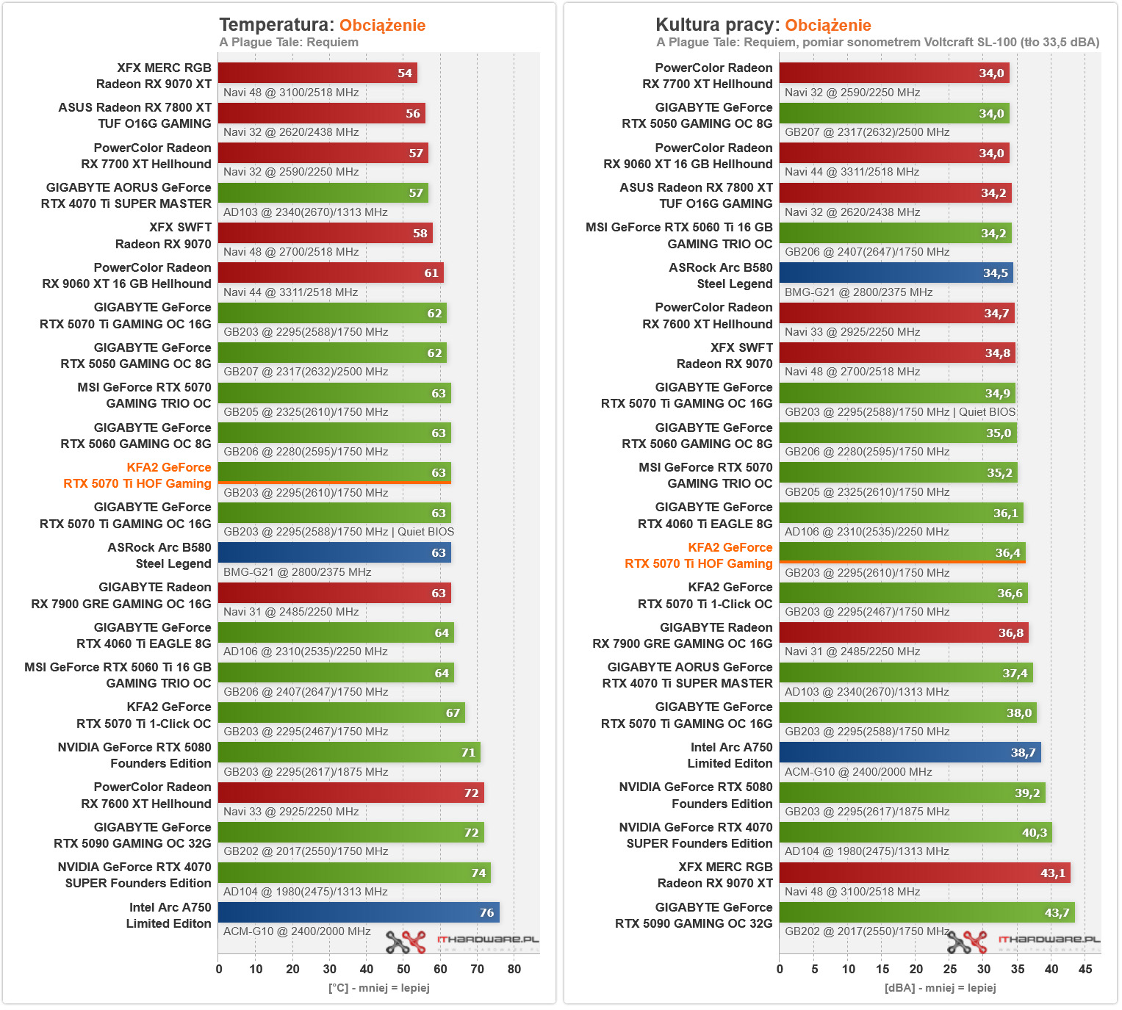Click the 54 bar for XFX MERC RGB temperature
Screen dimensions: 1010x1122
[x=317, y=73]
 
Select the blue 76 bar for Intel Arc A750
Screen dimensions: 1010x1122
[x=359, y=912]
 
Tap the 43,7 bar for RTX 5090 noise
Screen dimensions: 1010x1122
[x=927, y=912]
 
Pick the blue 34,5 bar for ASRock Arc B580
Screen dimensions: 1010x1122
[x=896, y=273]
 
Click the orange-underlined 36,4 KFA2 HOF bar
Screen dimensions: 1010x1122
[x=902, y=552]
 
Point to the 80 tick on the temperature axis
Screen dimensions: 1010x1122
[x=514, y=969]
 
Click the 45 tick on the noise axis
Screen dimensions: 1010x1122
[x=1085, y=969]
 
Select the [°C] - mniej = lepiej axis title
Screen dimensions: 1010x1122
[x=378, y=988]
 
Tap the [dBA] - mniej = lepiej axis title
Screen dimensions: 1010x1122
[x=940, y=988]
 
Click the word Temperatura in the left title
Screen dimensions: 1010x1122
[x=276, y=25]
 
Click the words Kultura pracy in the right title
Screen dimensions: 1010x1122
[x=716, y=25]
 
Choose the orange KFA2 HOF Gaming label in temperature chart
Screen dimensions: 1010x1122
[x=138, y=475]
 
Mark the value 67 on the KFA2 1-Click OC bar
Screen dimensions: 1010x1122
[x=453, y=713]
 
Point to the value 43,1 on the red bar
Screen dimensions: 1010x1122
[x=1052, y=873]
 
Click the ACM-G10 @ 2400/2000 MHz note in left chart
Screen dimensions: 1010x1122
[x=297, y=931]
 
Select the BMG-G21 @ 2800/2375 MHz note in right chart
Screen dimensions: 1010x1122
[x=858, y=292]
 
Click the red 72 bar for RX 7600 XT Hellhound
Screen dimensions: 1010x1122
[x=350, y=793]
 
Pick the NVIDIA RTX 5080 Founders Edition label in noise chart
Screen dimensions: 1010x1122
[x=695, y=796]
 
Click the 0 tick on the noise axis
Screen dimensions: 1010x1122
[x=780, y=969]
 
